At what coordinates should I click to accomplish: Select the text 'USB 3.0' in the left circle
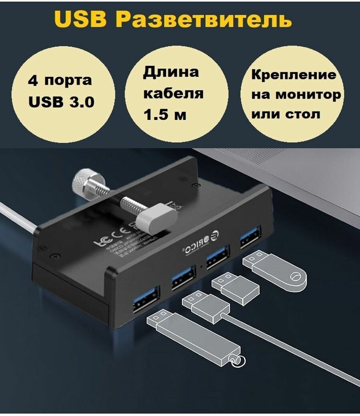[x=62, y=102]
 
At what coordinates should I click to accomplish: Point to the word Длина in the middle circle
[x=171, y=72]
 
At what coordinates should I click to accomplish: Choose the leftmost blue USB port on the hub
[x=146, y=299]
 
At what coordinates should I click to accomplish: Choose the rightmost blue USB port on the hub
[x=251, y=238]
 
